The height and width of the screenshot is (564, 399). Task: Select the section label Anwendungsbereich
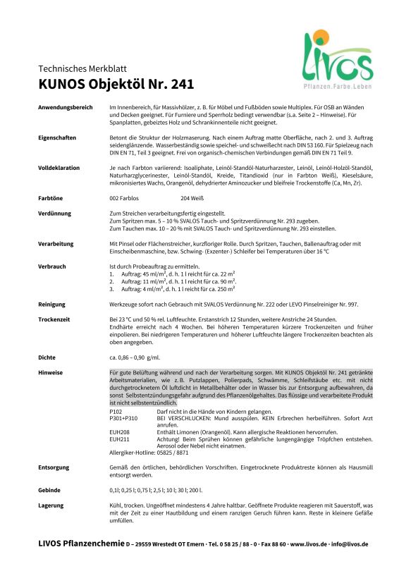click(66, 106)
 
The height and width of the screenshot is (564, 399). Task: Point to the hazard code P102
click(116, 410)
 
